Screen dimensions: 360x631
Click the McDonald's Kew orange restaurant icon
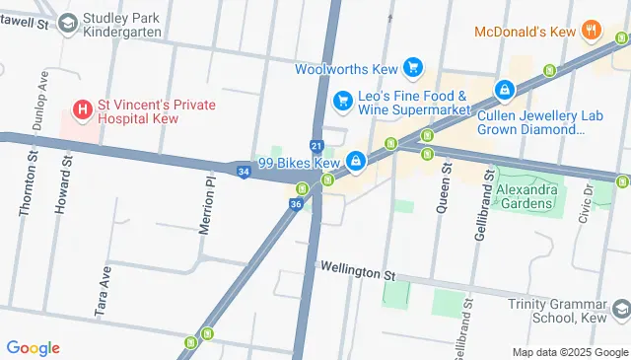click(x=592, y=30)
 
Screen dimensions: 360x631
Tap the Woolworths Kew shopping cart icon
click(x=414, y=68)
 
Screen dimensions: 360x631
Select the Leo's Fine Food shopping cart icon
click(x=343, y=100)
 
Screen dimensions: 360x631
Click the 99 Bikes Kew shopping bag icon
click(x=353, y=161)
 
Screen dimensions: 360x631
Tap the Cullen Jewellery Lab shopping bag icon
click(x=505, y=90)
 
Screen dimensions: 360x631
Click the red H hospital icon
click(x=84, y=106)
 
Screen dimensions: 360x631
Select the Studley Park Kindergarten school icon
click(x=68, y=22)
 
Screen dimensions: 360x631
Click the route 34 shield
click(x=243, y=172)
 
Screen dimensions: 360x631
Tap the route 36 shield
click(x=295, y=203)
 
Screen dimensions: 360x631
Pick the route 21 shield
click(x=315, y=145)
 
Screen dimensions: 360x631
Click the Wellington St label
click(x=357, y=268)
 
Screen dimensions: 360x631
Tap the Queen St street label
click(x=445, y=188)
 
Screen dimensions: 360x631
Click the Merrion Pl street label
click(x=207, y=205)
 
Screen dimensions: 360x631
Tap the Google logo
click(x=33, y=347)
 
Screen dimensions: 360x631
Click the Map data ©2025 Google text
click(x=570, y=352)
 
